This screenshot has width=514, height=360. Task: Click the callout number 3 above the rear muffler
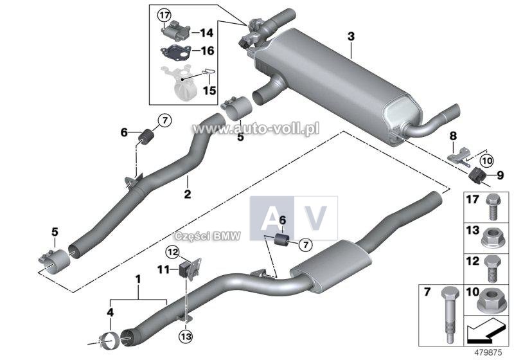[351, 37]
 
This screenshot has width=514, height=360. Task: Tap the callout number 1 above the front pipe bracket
[137, 279]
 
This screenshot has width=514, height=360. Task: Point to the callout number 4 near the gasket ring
[109, 313]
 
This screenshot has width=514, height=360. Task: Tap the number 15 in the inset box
[209, 91]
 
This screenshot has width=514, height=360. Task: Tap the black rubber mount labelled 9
[477, 175]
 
